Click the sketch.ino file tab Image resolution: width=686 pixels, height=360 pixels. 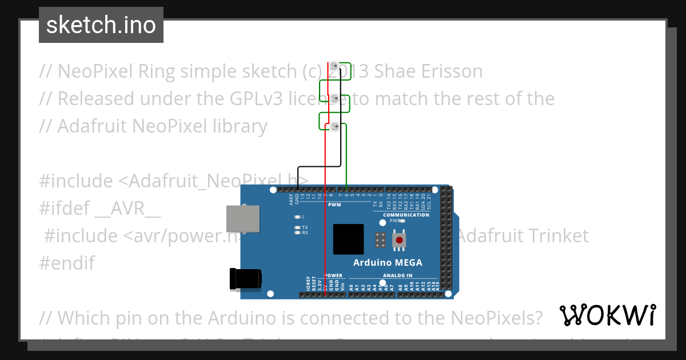(101, 25)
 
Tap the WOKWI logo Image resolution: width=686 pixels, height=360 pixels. (607, 315)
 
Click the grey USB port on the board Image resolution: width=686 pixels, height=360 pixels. (242, 219)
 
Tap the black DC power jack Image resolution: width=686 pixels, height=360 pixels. (245, 278)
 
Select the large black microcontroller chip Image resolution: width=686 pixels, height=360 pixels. (349, 239)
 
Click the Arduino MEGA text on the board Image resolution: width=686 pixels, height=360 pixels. (388, 263)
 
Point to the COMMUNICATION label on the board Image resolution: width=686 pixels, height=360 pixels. (406, 215)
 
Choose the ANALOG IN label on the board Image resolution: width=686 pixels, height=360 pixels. (398, 275)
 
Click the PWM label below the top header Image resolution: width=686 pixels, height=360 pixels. (334, 204)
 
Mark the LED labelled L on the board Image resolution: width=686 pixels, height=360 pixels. (297, 217)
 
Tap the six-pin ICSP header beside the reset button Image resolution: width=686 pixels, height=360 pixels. (380, 240)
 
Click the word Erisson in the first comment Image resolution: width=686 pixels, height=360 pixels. (447, 71)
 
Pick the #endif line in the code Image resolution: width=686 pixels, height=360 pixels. (67, 263)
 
